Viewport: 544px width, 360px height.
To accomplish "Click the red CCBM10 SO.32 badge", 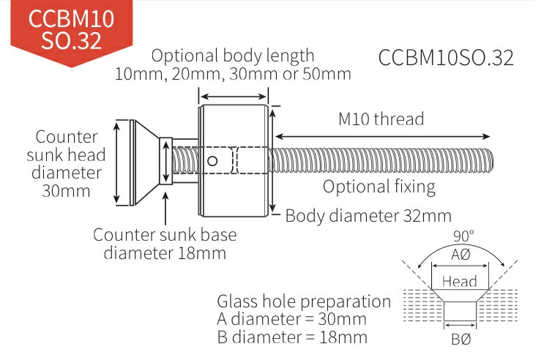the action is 72,31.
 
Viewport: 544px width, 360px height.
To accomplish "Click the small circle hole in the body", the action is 212,161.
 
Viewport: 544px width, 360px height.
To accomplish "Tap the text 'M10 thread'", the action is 381,119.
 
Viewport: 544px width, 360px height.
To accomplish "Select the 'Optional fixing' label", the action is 379,187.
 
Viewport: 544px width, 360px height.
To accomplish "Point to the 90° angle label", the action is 463,236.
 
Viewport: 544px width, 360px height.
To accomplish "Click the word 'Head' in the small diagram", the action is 459,281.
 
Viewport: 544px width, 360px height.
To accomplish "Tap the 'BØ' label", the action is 461,340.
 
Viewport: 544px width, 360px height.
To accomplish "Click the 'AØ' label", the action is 461,255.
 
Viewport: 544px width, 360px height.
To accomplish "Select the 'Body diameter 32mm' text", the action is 368,217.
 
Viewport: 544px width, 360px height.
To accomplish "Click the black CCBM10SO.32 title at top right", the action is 446,58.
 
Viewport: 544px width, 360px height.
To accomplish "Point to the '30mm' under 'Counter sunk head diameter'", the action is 66,191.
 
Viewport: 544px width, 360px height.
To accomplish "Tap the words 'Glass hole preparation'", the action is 304,301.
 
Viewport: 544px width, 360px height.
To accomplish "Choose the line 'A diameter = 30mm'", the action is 291,320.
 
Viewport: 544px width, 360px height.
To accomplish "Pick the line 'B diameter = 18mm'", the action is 292,337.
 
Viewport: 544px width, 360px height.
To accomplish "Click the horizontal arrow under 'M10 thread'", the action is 383,136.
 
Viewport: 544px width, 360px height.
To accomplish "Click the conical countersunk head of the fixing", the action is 146,162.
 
